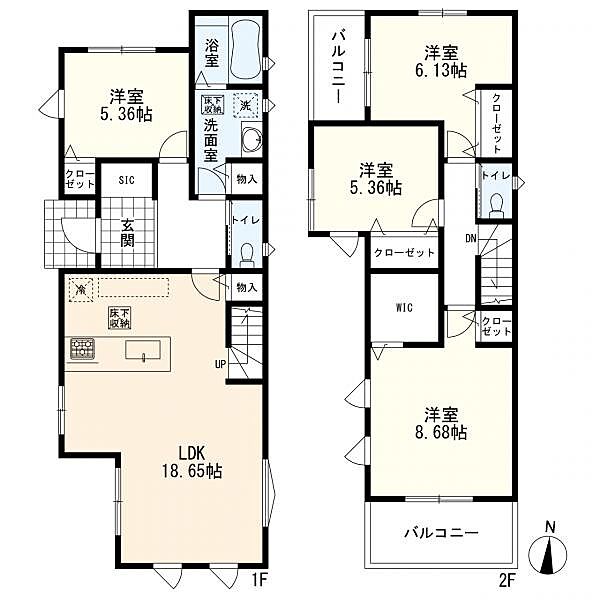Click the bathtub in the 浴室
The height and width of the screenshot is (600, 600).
[x=247, y=48]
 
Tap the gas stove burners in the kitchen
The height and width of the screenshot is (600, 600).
[x=82, y=349]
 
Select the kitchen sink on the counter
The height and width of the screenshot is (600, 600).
[x=143, y=350]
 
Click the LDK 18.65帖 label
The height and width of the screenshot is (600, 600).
[x=192, y=462]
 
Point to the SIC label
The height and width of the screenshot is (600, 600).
[x=127, y=180]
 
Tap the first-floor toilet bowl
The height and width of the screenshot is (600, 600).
[x=247, y=254]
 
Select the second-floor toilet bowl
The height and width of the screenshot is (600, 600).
[x=496, y=205]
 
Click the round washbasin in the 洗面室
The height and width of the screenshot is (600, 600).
[x=252, y=138]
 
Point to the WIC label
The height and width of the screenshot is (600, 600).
[x=404, y=307]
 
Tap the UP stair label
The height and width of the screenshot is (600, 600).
[x=220, y=364]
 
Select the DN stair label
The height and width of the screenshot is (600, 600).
[x=471, y=239]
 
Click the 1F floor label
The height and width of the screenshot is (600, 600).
[x=258, y=580]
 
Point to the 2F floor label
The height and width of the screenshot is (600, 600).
[x=506, y=580]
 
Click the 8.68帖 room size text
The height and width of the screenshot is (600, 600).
[x=441, y=433]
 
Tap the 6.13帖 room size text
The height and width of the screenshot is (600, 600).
[x=441, y=71]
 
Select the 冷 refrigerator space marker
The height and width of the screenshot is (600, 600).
[x=81, y=289]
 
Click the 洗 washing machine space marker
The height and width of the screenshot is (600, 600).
[x=245, y=105]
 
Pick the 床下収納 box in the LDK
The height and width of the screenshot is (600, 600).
[x=119, y=318]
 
